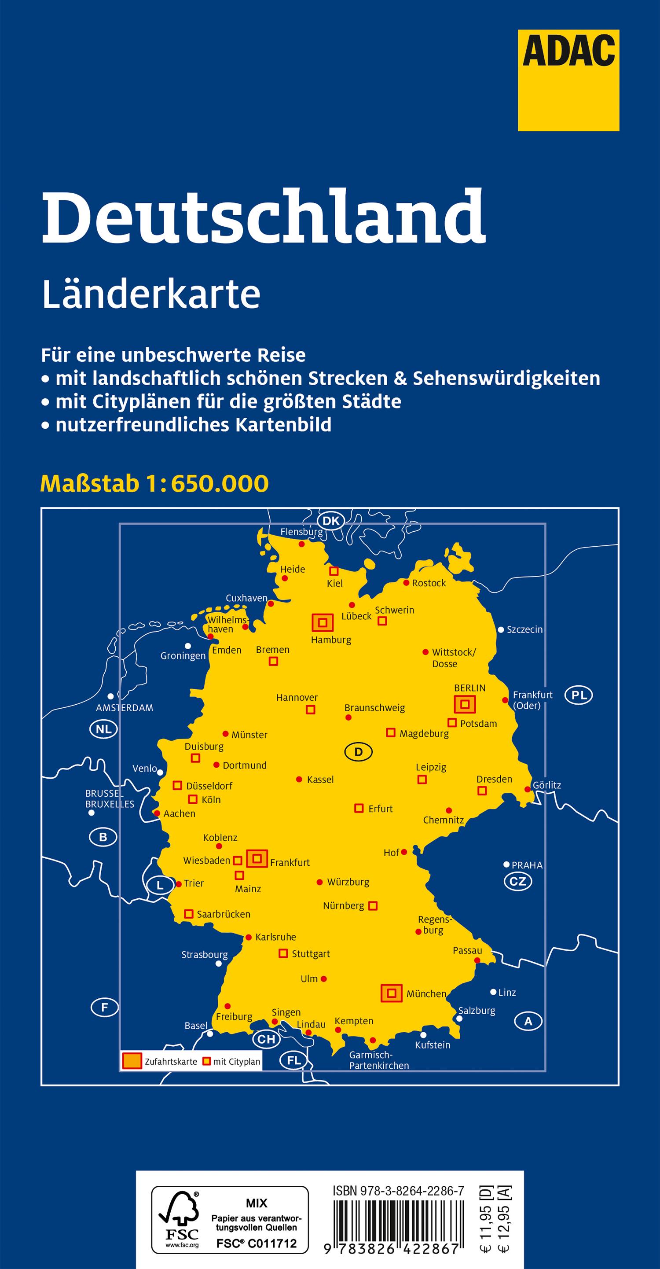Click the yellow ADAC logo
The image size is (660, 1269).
click(568, 80)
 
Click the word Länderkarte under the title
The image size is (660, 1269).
click(151, 295)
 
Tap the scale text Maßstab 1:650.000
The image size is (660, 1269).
click(154, 484)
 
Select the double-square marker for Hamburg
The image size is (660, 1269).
click(323, 623)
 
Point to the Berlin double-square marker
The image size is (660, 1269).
click(465, 704)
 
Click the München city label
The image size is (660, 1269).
click(426, 994)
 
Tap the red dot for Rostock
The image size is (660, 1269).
click(407, 583)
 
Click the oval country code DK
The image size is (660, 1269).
click(331, 521)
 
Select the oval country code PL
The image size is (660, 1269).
click(579, 695)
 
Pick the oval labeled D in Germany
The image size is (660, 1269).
click(358, 752)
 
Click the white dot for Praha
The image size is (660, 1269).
click(506, 864)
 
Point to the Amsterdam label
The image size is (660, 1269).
click(125, 708)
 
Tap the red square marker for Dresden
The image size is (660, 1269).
click(482, 791)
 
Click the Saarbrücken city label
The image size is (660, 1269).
click(224, 914)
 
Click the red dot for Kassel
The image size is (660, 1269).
click(299, 780)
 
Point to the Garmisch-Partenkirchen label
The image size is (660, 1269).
click(379, 1060)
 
